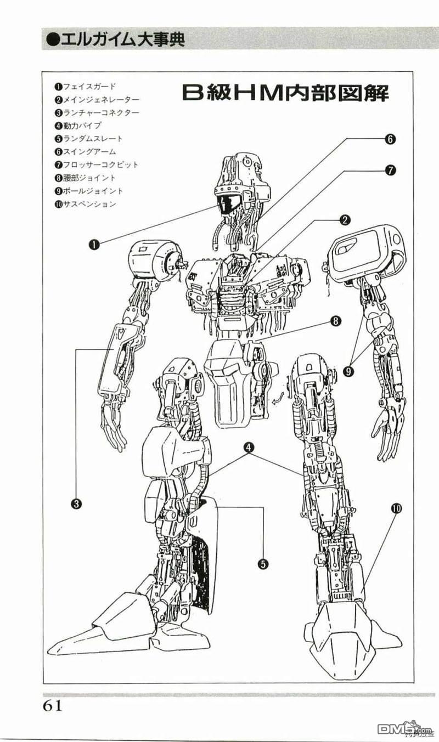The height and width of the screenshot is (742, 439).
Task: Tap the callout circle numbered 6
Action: (389, 139)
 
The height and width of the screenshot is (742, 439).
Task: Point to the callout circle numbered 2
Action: (345, 220)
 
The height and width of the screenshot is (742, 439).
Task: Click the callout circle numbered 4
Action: (249, 448)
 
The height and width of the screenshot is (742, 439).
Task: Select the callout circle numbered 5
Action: (263, 563)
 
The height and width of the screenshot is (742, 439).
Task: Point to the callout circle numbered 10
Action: (396, 508)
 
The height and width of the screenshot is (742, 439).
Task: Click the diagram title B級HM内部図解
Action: (285, 94)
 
